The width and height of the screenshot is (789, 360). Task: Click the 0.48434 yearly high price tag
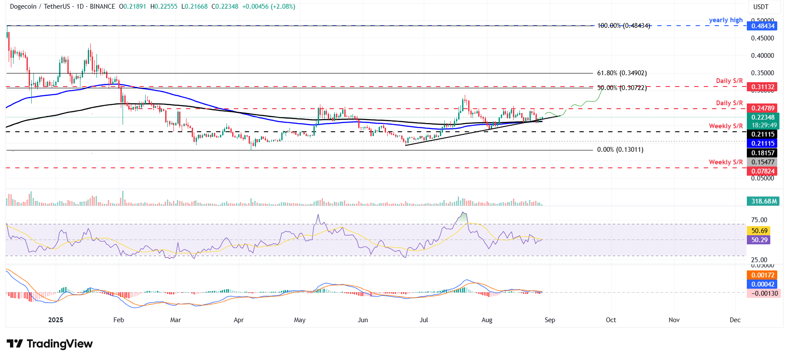763,26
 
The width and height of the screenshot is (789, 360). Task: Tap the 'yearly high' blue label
726,20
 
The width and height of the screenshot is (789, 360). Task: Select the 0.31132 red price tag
763,87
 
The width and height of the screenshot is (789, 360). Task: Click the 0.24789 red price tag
763,108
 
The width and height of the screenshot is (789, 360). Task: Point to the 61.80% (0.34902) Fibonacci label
622,73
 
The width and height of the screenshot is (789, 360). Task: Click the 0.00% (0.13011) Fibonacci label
620,150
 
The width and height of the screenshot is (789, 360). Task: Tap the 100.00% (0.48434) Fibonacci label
623,26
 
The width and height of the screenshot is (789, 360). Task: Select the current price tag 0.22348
763,117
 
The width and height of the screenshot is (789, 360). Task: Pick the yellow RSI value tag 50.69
759,231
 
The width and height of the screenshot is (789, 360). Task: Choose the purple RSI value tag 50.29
759,240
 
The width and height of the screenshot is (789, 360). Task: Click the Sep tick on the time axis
550,320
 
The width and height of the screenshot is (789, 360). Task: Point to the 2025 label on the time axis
56,320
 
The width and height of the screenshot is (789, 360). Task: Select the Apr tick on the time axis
239,320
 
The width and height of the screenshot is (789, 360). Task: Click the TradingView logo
50,344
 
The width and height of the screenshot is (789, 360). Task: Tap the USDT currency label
761,7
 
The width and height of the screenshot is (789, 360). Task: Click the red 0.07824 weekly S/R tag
763,171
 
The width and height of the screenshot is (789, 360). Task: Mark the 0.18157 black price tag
763,153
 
